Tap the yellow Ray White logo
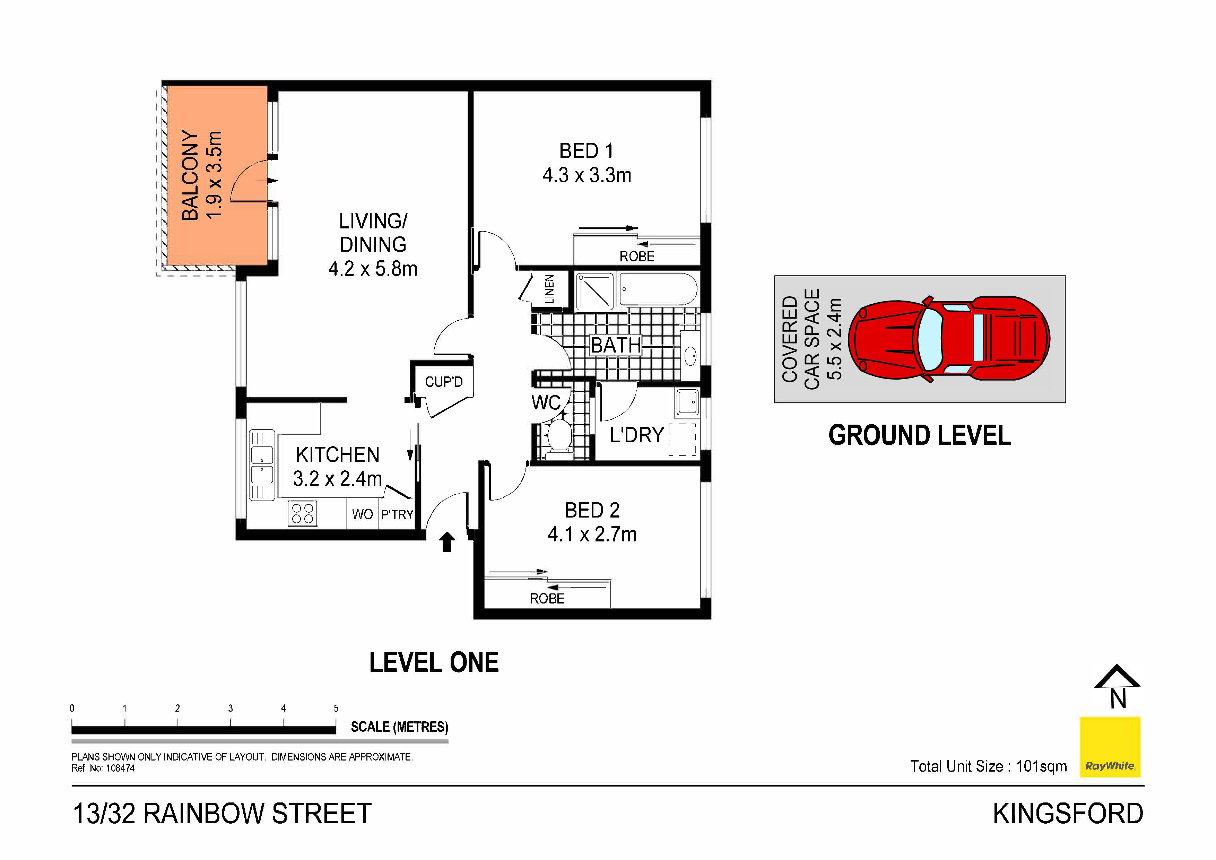click(1110, 747)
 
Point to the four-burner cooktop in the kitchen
click(302, 513)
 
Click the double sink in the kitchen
click(262, 465)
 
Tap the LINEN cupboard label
click(550, 289)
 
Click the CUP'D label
click(444, 382)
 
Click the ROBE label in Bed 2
click(547, 598)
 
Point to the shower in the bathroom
click(594, 291)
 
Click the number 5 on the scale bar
click(336, 708)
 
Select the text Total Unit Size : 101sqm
click(988, 766)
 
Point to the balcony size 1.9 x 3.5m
click(214, 175)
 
